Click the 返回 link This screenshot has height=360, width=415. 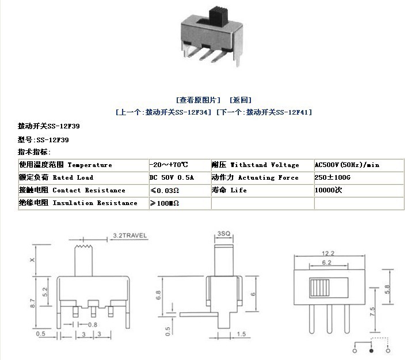click(241, 100)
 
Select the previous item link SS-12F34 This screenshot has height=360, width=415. click(163, 112)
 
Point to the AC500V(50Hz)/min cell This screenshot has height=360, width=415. click(347, 165)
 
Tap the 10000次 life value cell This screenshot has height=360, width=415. click(329, 190)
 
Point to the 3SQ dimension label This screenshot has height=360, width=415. click(224, 234)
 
